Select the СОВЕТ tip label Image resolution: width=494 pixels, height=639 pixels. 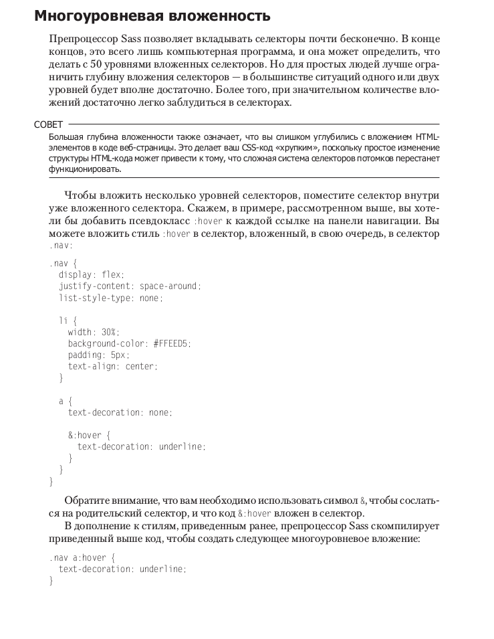pos(49,124)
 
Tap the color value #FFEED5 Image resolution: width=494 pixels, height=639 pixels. pos(172,344)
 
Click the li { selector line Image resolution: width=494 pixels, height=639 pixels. pos(68,321)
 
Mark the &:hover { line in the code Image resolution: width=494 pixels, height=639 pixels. pos(94,436)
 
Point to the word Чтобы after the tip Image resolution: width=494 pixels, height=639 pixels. pos(81,195)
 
